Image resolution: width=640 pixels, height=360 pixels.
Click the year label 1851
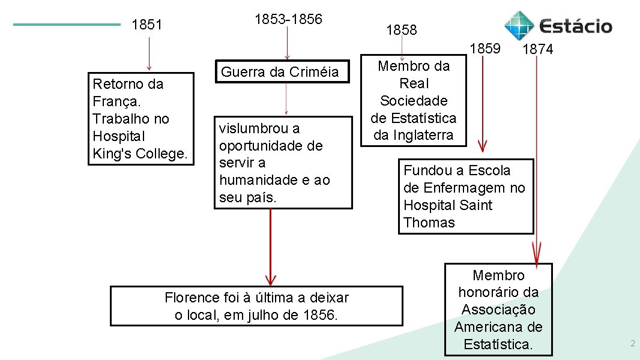pos(147,25)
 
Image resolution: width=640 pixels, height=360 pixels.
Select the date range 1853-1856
pos(288,19)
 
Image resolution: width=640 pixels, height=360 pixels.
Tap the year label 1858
pos(401,30)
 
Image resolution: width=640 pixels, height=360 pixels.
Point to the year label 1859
pos(485,48)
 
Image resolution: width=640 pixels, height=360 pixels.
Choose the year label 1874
pos(537,50)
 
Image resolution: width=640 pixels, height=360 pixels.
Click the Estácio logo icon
pos(518,25)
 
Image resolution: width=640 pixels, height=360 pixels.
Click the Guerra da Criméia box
pos(280,72)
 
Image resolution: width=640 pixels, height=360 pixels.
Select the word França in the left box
pos(114,101)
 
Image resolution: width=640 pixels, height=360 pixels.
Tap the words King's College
pos(140,154)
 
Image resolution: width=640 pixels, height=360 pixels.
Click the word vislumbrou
pos(259,128)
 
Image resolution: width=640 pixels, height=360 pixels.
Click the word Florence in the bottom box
pos(192,298)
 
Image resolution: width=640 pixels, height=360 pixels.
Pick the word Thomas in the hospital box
pos(429,223)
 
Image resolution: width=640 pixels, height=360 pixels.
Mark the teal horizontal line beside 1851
pos(67,25)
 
